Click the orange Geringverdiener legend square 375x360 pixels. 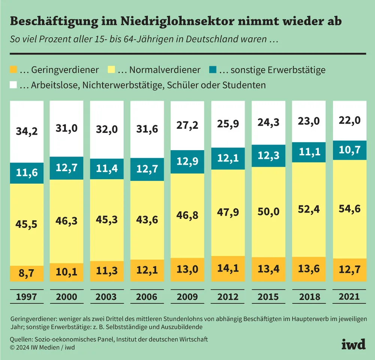(13, 70)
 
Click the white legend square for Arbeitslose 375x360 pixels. (13, 85)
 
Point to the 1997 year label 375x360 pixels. (26, 297)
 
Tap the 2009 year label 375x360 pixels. (187, 297)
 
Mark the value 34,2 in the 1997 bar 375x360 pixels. (26, 132)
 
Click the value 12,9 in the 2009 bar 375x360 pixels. (187, 162)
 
